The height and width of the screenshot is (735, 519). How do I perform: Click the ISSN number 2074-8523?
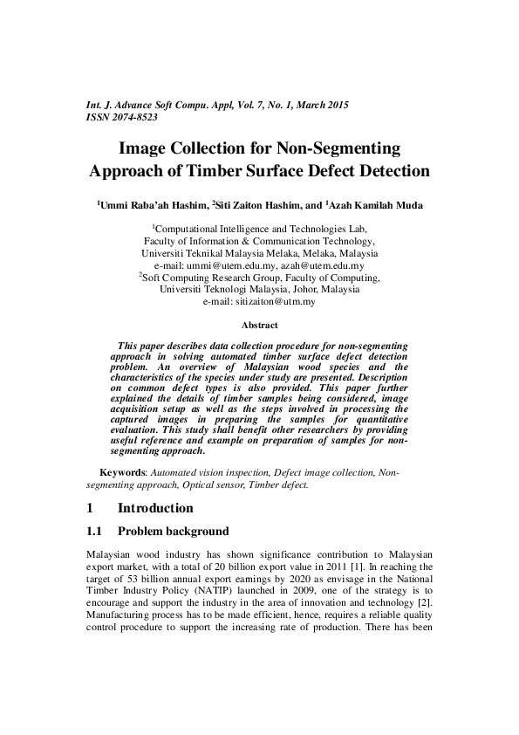(x=133, y=116)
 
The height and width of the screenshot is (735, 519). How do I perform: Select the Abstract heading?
(x=259, y=325)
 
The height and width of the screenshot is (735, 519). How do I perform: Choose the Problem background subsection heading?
(x=173, y=531)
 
